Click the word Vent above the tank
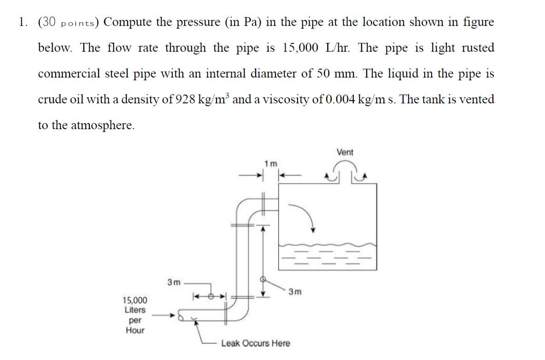pos(345,152)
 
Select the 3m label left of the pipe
pos(174,282)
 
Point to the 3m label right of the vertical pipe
pos(295,291)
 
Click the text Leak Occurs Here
pos(256,343)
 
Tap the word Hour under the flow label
pos(135,330)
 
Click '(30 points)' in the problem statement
pos(68,22)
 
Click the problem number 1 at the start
pos(22,22)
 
